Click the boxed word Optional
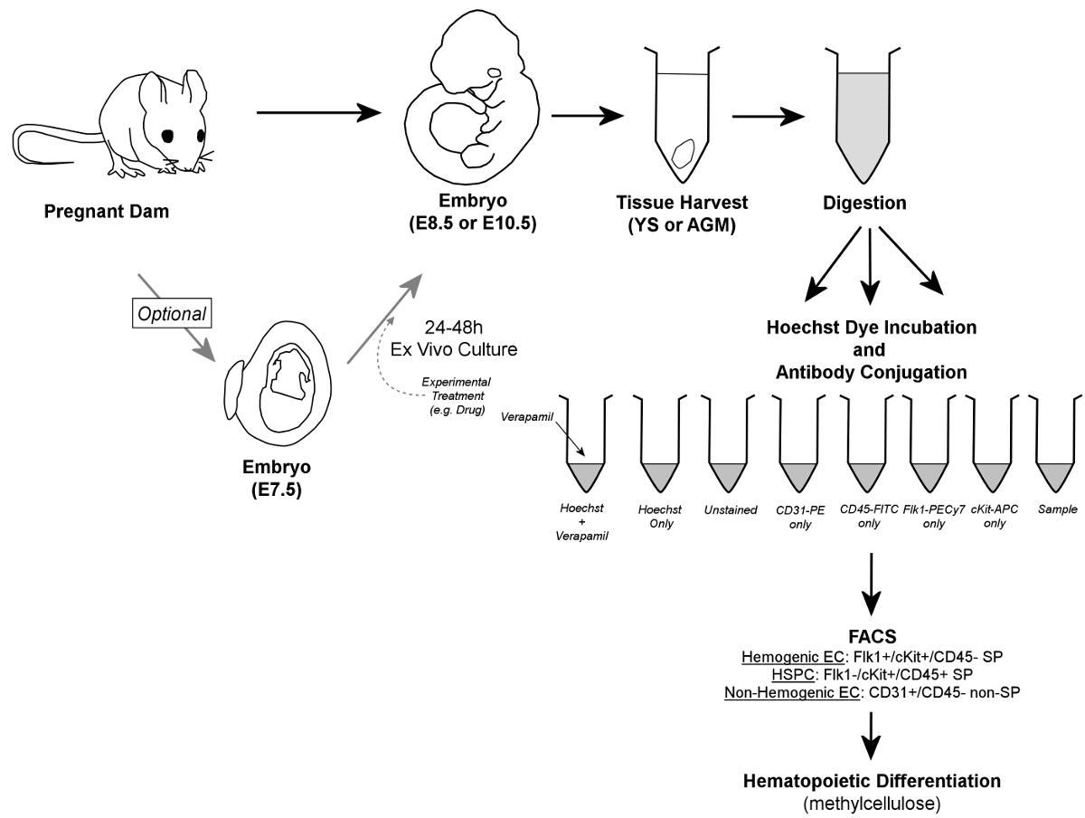[172, 314]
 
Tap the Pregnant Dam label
[107, 211]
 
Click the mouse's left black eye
[168, 136]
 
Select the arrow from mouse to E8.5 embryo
[319, 113]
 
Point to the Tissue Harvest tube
[682, 115]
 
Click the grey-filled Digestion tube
[863, 116]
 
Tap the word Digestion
[864, 203]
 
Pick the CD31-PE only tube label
[800, 517]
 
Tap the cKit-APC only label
[994, 516]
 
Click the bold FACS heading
[872, 636]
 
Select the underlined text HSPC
[792, 674]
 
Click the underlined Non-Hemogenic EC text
[792, 692]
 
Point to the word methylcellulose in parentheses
[872, 804]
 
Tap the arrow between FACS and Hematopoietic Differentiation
[871, 736]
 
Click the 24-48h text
[453, 328]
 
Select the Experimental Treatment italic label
[457, 395]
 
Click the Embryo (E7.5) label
[277, 479]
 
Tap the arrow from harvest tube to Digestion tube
[769, 117]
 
